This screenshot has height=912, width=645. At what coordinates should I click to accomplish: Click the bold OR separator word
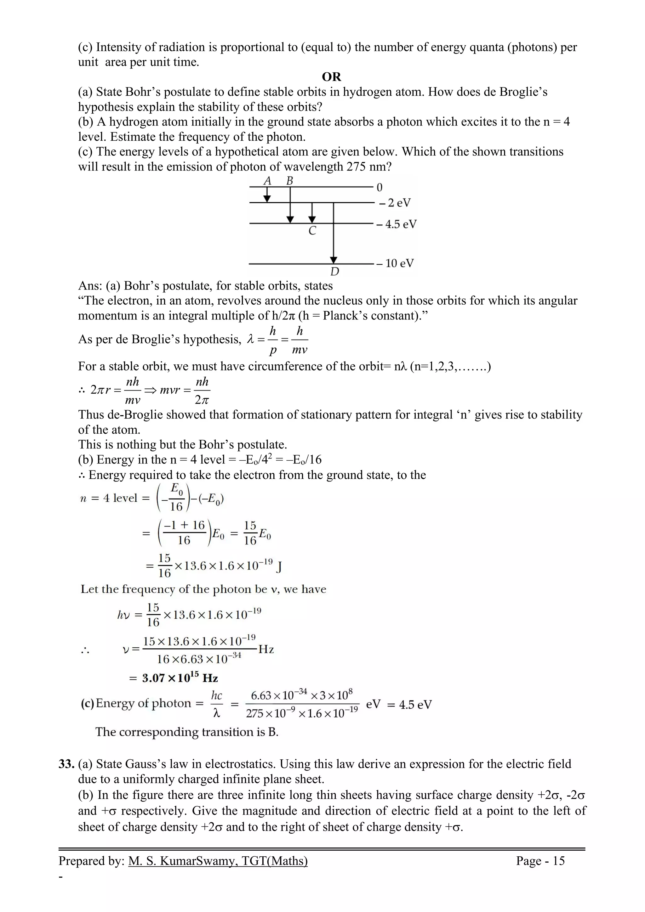[x=331, y=77]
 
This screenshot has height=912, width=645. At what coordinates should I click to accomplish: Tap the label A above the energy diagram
[x=267, y=181]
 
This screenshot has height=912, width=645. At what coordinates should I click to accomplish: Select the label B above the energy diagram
[x=290, y=181]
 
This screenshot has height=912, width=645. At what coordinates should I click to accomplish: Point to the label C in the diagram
[x=312, y=231]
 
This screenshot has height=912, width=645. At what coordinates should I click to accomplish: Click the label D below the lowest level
[x=334, y=272]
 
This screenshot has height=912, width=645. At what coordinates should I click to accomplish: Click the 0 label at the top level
[x=379, y=187]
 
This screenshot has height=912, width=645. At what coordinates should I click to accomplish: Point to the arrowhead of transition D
[x=334, y=260]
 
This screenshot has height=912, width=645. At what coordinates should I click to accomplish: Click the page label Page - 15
[x=540, y=861]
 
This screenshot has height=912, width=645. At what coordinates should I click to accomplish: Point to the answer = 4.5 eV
[x=409, y=705]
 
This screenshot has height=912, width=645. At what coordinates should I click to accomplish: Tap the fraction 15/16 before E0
[x=250, y=533]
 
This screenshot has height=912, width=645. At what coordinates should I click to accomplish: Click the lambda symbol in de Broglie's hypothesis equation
[x=250, y=340]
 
